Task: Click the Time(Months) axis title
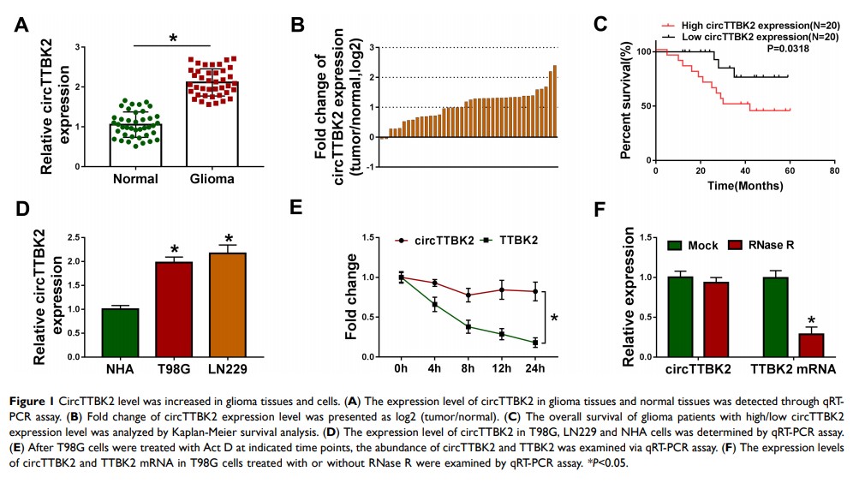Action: [x=744, y=184]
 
